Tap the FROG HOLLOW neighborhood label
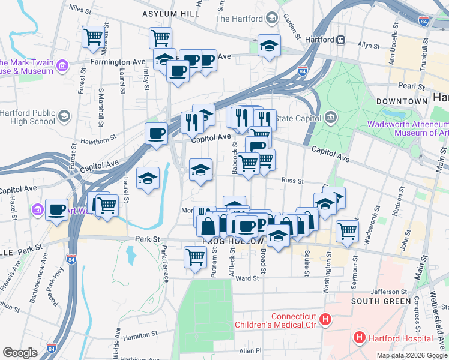click(234, 241)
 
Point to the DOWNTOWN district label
click(400, 101)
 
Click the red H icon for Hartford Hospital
click(360, 337)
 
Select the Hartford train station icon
click(340, 40)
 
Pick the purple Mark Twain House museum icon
click(63, 64)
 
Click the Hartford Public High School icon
click(63, 115)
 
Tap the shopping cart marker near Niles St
click(94, 37)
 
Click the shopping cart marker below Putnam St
click(196, 257)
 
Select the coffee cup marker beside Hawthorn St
click(156, 133)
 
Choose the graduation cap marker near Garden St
click(270, 46)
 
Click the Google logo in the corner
click(20, 352)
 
